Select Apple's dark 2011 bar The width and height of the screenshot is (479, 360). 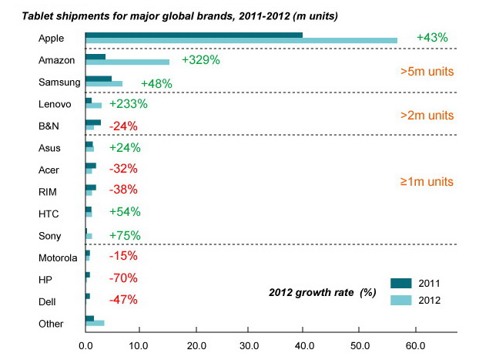[x=193, y=35]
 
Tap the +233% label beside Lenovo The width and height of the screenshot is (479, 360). [x=129, y=104]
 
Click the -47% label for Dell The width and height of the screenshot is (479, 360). [x=123, y=299]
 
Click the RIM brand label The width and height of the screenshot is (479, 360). [x=48, y=191]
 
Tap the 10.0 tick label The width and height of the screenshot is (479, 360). [x=139, y=345]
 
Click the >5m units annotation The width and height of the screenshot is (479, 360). [x=426, y=72]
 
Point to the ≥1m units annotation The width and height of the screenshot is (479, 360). [x=426, y=182]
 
